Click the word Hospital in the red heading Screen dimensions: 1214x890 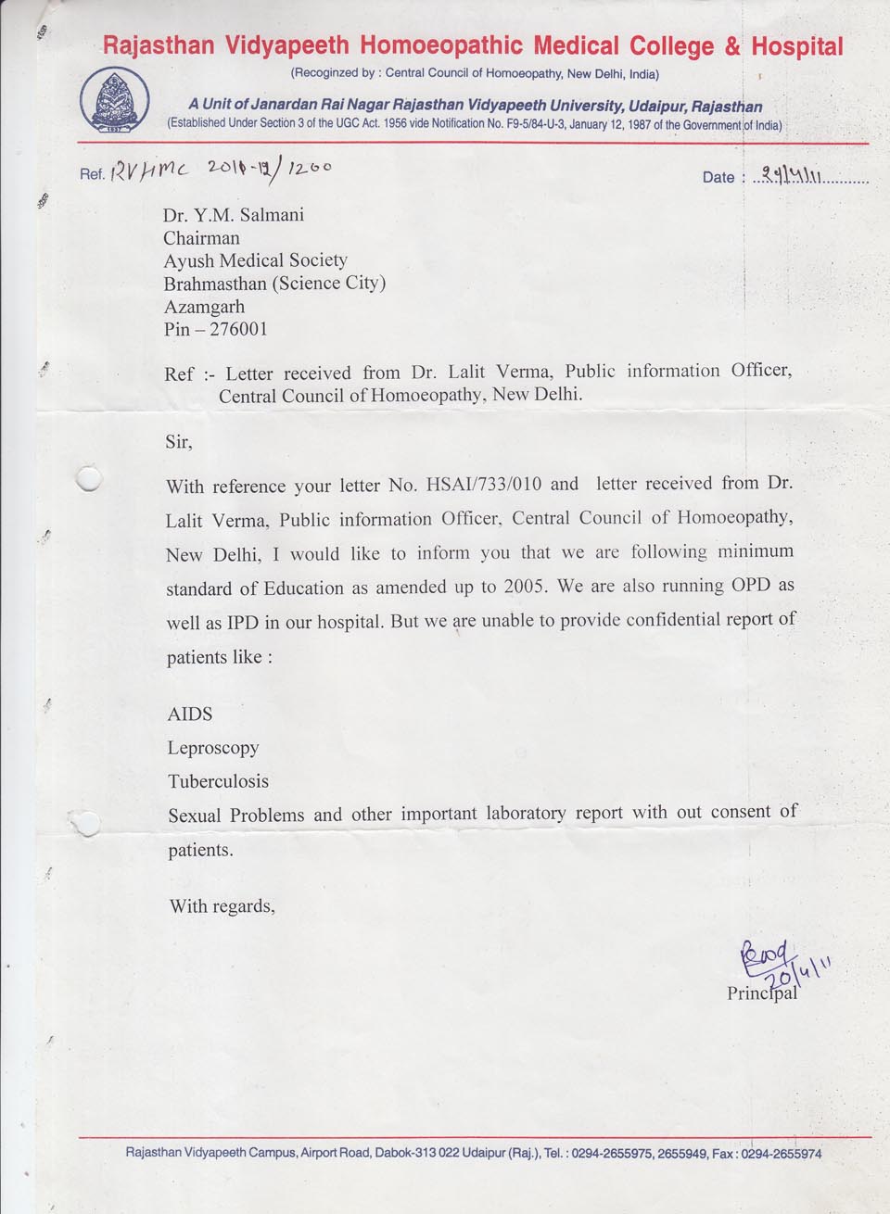point(796,46)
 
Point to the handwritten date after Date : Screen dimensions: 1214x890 point(788,174)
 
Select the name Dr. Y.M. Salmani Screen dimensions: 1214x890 point(234,215)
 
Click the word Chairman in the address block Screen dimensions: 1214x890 point(201,238)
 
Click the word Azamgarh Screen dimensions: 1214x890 point(205,307)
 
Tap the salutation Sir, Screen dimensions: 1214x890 point(179,442)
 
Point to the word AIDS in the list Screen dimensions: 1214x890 point(190,714)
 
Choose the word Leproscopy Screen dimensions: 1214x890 point(213,748)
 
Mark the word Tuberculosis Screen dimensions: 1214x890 point(218,781)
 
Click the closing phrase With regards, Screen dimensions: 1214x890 point(222,906)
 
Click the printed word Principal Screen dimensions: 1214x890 point(762,993)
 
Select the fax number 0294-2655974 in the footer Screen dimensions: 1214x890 point(781,1154)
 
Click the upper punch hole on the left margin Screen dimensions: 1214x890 point(89,478)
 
